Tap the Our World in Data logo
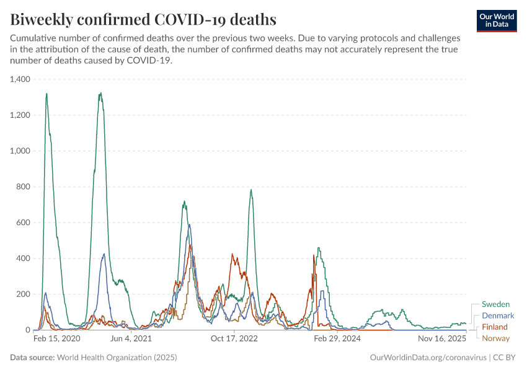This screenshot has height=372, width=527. click(497, 20)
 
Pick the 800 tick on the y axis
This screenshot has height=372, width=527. click(24, 187)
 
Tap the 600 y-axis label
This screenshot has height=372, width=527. click(24, 223)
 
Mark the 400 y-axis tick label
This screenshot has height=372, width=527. click(24, 259)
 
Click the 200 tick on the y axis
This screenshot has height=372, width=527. click(24, 294)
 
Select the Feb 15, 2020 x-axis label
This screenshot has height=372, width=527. click(56, 339)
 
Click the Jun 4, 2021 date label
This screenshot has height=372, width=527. click(131, 339)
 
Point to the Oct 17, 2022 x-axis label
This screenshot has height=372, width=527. click(234, 339)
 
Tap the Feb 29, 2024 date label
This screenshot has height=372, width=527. click(337, 339)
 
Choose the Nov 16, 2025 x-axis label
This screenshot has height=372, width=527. click(442, 339)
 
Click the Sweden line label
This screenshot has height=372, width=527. click(495, 304)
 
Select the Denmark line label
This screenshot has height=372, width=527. click(498, 316)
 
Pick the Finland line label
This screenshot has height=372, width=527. click(495, 327)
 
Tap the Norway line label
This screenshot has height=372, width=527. click(495, 338)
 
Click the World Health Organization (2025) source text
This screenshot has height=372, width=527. click(117, 358)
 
